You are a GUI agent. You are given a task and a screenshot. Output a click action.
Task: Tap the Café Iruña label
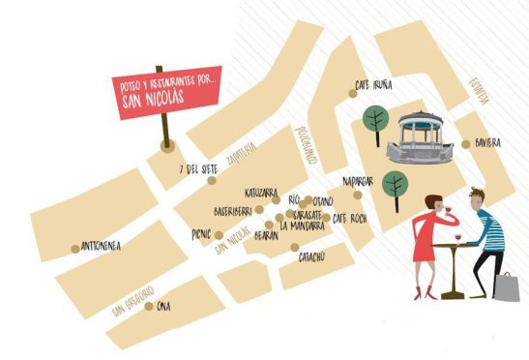click(x=375, y=85)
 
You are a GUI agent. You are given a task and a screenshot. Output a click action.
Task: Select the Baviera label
click(x=487, y=142)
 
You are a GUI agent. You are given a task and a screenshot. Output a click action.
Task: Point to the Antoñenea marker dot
click(x=75, y=248)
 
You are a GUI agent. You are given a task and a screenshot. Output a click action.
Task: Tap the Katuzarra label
click(x=262, y=192)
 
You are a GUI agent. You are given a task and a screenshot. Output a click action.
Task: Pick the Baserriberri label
click(x=232, y=210)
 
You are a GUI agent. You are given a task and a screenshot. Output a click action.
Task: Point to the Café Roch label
click(x=350, y=218)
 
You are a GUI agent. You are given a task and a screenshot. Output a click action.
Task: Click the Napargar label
click(x=359, y=180)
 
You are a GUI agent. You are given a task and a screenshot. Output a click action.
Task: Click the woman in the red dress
click(x=425, y=242)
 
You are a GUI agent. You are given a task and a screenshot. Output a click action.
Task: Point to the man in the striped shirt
click(x=488, y=232)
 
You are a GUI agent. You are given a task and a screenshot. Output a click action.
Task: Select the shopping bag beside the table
click(x=507, y=286)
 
